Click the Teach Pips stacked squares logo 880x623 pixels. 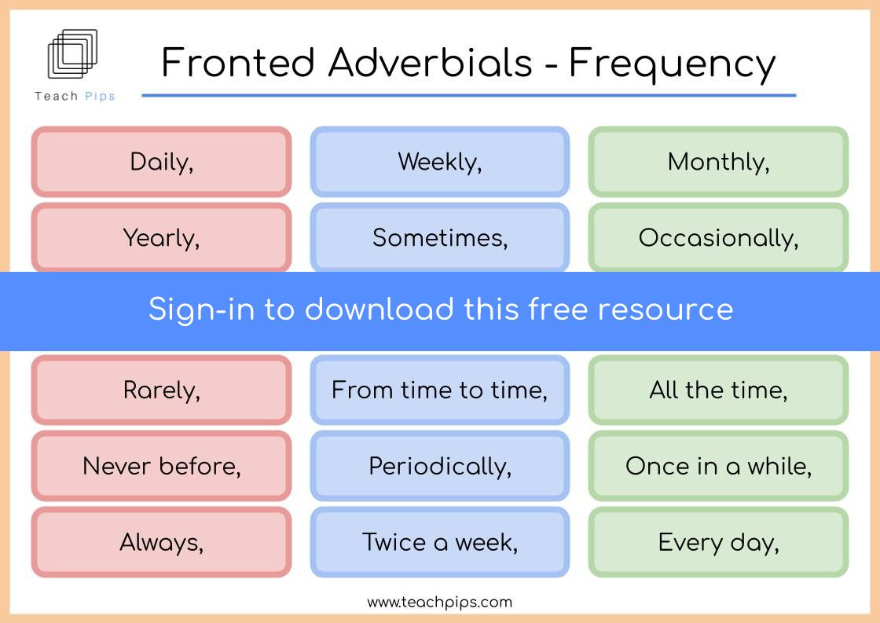72,53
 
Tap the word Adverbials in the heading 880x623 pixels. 430,62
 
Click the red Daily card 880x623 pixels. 162,162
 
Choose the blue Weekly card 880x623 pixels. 440,162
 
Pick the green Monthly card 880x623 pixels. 718,162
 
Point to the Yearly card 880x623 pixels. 162,237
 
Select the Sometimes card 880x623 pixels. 440,237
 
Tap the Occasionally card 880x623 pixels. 718,237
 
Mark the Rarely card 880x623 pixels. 162,390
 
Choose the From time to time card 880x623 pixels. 440,390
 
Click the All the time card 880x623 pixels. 718,390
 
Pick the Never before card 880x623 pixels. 162,466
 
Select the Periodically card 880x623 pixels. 440,466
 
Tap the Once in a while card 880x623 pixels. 718,466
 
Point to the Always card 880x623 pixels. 162,542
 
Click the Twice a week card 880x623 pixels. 440,542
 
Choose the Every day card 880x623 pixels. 718,542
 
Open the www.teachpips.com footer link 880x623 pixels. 439,603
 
